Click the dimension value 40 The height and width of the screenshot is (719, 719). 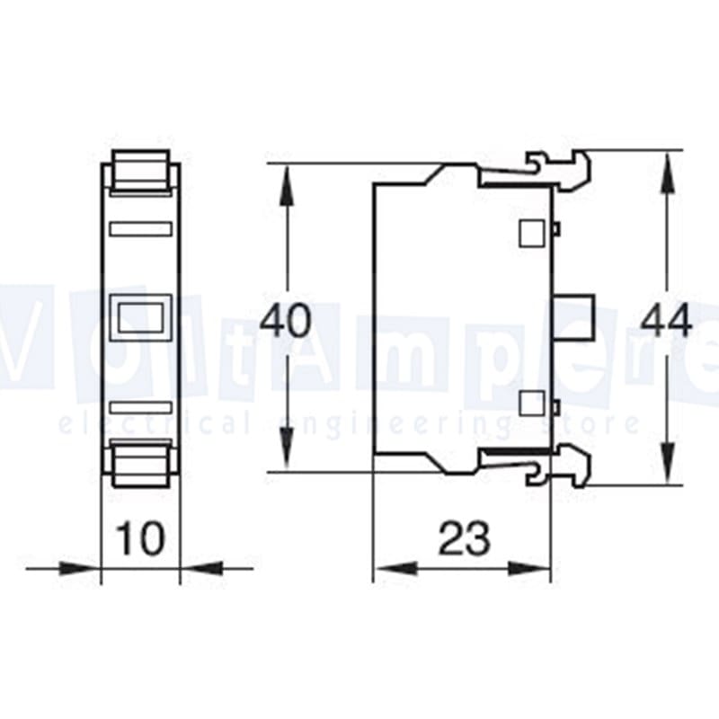point(286,321)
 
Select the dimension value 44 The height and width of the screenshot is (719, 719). point(666,321)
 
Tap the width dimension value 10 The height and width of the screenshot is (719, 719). point(141,539)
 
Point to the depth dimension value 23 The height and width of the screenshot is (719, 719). point(464,539)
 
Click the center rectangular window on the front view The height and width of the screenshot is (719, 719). point(140,317)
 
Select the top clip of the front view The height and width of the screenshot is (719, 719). point(141,172)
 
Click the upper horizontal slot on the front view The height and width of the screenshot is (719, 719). point(140,229)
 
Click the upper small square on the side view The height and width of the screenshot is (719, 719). point(531,232)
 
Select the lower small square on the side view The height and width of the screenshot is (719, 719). point(531,402)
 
